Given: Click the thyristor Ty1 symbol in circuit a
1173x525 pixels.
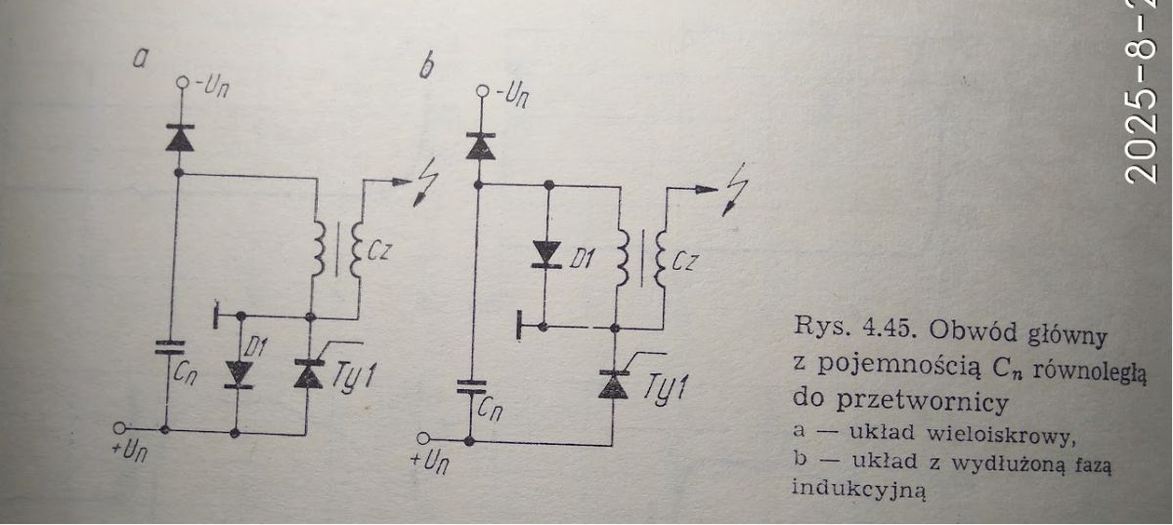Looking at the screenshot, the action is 309,373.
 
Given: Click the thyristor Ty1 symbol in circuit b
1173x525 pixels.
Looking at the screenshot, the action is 613,384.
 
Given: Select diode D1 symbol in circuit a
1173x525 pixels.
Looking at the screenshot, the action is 239,374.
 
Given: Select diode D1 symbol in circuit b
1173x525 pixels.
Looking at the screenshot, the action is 545,254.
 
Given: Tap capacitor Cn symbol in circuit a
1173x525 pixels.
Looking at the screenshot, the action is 170,347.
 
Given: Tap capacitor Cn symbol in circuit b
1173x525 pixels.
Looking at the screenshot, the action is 471,387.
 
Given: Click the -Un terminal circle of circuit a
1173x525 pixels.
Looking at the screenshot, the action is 182,82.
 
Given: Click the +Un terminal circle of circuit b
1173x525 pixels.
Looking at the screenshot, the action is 423,438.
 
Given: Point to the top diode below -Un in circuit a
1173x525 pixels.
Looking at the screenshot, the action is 180,138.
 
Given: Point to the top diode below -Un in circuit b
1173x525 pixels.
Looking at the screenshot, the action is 480,147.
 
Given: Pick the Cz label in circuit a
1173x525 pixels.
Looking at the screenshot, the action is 378,251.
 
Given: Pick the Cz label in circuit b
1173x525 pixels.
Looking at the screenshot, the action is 683,261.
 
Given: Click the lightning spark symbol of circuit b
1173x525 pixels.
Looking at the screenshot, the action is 735,190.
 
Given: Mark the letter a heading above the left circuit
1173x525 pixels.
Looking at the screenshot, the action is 140,60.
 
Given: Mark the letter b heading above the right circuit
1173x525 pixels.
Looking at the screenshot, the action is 427,66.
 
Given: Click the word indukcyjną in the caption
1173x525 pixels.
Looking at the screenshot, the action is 858,490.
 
